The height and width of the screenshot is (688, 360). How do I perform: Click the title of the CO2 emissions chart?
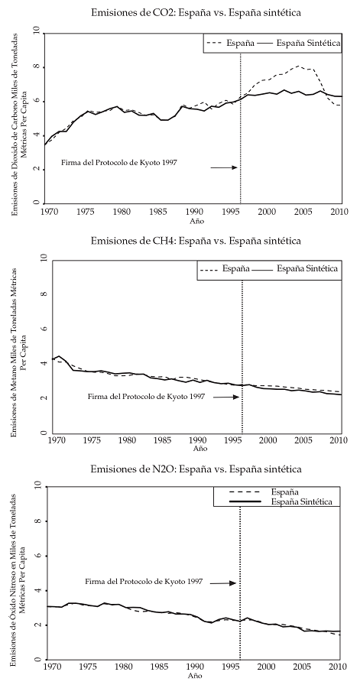point(195,13)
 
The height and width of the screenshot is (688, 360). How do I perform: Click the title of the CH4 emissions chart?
point(195,241)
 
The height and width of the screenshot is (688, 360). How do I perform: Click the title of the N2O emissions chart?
point(195,468)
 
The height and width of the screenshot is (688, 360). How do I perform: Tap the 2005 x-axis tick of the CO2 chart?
point(302,210)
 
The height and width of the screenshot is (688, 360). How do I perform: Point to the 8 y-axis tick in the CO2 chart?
point(36,67)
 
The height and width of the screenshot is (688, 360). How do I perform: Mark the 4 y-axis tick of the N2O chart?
point(36,590)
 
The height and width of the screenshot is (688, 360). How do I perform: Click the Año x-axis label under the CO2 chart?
point(195,219)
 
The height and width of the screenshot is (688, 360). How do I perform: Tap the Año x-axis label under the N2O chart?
point(195,677)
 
